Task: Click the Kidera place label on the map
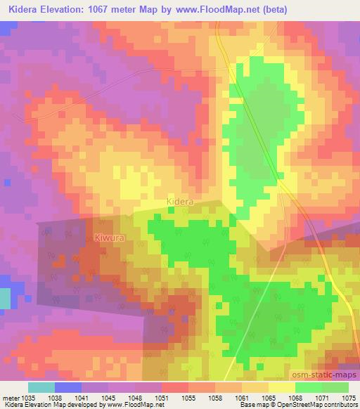pos(180,202)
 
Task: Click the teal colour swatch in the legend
pos(41,387)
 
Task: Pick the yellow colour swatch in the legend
pos(282,387)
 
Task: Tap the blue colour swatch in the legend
pos(68,387)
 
